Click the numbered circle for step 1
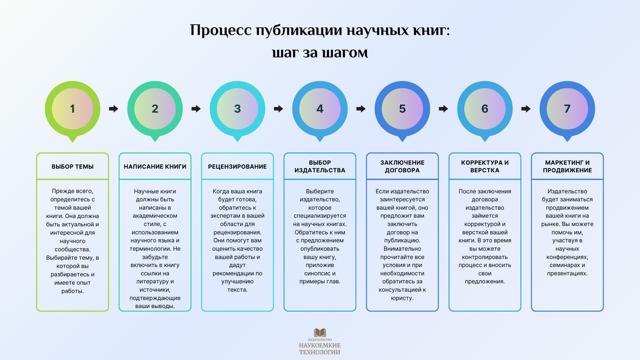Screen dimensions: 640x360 point(73,109)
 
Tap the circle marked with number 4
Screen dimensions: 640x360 point(319,109)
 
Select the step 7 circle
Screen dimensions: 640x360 point(567,109)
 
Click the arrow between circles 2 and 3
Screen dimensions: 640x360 point(196,109)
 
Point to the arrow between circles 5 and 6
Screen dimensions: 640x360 point(443,109)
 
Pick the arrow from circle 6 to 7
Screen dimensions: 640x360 point(526,109)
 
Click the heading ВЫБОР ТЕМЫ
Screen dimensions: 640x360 point(73,166)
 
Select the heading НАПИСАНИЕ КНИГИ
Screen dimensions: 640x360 point(155,166)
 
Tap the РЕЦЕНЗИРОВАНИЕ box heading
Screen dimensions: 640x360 point(237,166)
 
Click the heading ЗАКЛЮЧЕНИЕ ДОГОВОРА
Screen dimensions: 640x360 point(402,166)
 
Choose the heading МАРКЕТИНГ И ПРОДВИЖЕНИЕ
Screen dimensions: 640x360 point(567,166)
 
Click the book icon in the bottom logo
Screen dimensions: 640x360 point(320,332)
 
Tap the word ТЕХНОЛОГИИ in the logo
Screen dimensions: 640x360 point(320,352)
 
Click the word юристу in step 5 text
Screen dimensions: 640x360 point(402,298)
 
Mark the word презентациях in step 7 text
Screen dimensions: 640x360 point(567,273)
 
